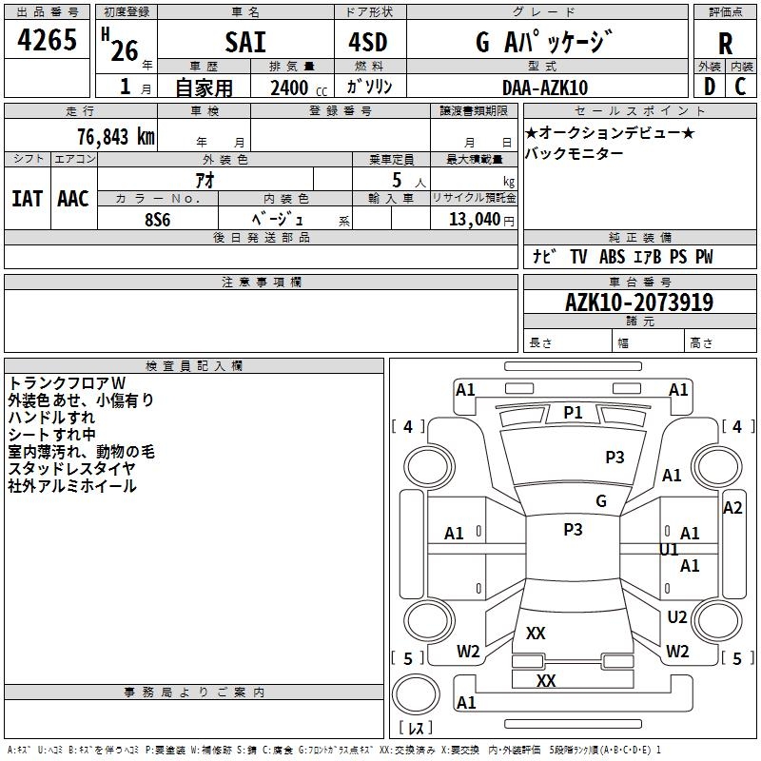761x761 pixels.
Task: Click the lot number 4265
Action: point(48,40)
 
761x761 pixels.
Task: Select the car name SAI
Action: point(245,42)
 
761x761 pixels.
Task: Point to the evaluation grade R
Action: point(725,44)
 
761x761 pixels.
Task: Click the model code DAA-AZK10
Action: point(545,88)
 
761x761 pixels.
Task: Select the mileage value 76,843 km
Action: point(115,136)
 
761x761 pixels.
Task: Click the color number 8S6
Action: point(157,218)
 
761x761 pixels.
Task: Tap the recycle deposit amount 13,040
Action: point(472,219)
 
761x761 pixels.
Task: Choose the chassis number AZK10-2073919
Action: point(638,302)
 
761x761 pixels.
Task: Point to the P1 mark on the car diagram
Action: point(573,412)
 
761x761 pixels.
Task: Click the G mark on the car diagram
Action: point(600,501)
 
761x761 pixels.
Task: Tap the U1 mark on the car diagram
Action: point(670,549)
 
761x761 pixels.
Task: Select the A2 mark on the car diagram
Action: point(732,508)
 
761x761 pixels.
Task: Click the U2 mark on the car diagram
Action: point(676,617)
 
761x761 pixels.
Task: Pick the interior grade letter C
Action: point(740,86)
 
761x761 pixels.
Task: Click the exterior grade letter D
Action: point(709,86)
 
